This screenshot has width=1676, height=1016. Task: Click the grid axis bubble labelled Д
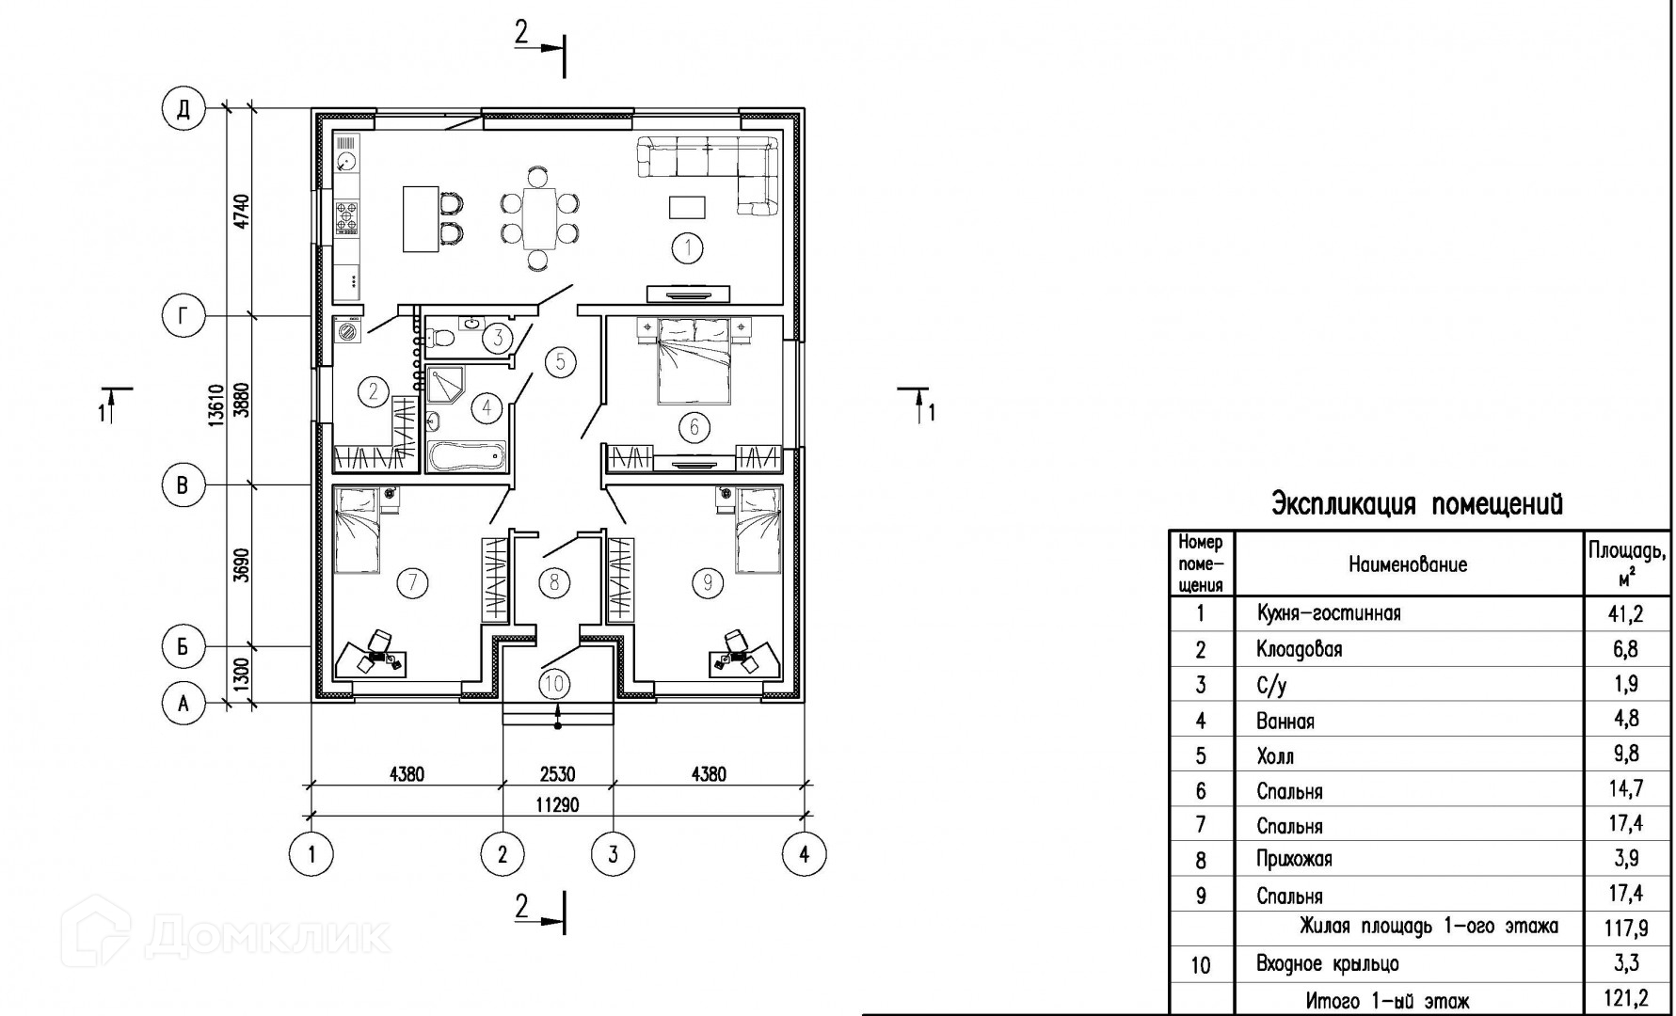(184, 109)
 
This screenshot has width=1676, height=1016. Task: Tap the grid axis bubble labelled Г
(184, 317)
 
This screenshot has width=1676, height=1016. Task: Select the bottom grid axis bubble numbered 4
(804, 854)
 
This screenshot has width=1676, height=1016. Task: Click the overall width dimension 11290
(557, 804)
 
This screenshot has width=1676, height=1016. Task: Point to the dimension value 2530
(557, 774)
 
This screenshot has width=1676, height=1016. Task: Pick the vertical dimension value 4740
(242, 212)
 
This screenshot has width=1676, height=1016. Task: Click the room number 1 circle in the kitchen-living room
(688, 248)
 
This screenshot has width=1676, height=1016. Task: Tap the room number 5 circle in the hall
(560, 361)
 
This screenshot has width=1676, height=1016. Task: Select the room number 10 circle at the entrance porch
(556, 682)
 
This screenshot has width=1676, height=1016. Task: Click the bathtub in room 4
(467, 456)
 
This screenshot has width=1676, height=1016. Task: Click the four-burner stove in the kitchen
(347, 217)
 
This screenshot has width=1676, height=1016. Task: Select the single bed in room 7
(357, 530)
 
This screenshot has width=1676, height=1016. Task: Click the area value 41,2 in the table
(1625, 614)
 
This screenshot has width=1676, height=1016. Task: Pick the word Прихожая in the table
(1294, 860)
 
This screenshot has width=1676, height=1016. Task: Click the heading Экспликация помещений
(1417, 504)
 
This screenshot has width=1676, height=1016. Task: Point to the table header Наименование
(1408, 564)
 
